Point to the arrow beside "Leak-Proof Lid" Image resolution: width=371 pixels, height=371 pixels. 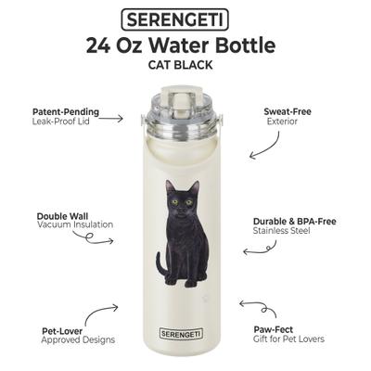point(110,119)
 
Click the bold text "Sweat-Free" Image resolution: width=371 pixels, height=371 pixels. point(287,110)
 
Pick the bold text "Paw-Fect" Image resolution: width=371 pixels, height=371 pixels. point(275,329)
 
